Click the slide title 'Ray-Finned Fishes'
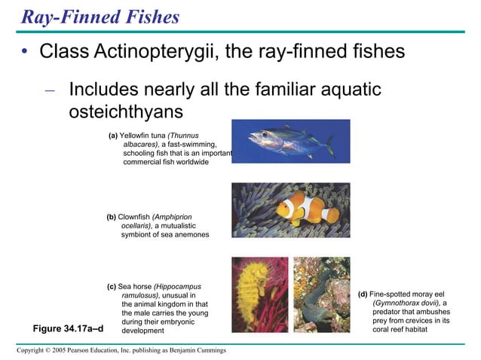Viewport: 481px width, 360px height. pos(100,16)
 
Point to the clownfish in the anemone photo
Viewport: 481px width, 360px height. pos(305,212)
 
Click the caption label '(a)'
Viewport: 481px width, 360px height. pos(113,136)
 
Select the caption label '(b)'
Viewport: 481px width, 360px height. pos(111,217)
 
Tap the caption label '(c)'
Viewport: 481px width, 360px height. pos(112,286)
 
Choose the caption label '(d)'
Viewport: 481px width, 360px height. pos(363,294)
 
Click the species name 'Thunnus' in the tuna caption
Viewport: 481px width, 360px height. pos(183,136)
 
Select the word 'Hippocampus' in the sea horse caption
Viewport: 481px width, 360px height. pos(179,286)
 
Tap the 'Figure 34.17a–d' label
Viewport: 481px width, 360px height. pos(67,328)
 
